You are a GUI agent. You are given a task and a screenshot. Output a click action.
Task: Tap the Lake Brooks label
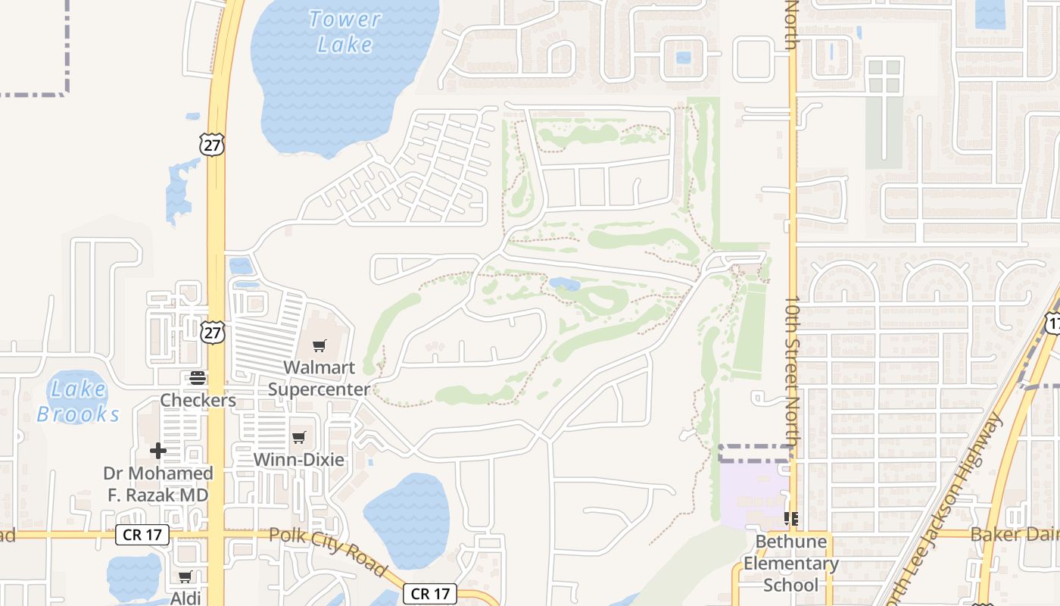78,401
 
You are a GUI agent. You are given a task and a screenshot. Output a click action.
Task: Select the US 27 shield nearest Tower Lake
213,144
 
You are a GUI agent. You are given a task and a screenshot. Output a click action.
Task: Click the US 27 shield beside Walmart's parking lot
214,332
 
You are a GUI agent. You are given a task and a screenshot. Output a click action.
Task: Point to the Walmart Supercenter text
320,378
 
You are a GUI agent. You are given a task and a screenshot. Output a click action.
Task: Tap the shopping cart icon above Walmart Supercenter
320,346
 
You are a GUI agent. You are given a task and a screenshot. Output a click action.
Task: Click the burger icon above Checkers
198,378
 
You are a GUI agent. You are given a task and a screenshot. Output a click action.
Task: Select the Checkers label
198,400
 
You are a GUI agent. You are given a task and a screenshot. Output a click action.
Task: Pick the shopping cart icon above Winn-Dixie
299,438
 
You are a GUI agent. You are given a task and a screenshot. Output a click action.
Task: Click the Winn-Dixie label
299,459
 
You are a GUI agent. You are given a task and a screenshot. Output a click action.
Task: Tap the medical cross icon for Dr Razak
158,451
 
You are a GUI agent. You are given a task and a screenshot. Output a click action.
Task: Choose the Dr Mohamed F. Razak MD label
158,484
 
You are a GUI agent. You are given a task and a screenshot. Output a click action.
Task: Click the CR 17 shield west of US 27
142,535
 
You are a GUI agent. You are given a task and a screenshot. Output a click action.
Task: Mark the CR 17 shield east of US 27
430,593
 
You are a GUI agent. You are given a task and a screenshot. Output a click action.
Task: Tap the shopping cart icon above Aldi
185,577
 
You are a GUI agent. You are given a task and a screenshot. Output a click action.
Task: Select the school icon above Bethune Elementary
791,520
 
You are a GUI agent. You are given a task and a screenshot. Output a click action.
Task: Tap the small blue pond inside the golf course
565,284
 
